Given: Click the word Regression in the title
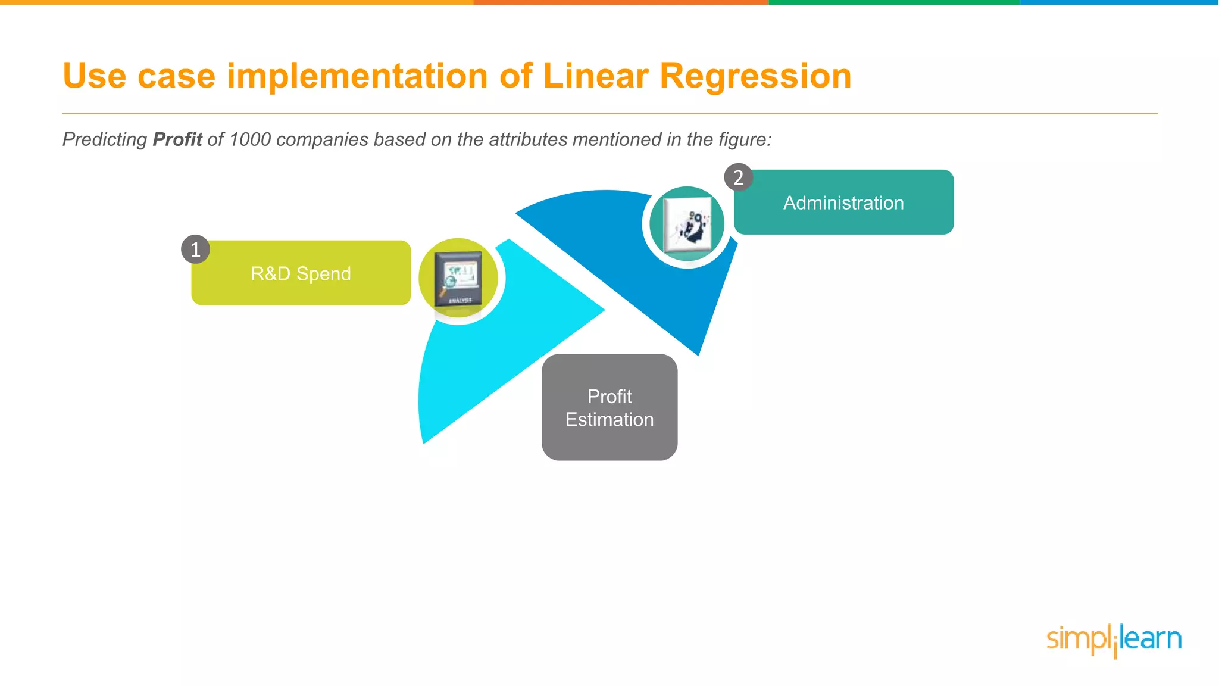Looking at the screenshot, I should click(755, 76).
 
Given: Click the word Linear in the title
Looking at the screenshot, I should click(595, 76).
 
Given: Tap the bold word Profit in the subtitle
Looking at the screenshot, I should click(177, 139).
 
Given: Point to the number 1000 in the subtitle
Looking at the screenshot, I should click(249, 139).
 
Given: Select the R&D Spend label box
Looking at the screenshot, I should click(301, 273).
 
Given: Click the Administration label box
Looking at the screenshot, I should click(843, 202).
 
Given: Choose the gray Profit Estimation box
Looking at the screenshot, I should click(609, 407).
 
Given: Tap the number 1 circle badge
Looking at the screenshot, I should click(195, 249).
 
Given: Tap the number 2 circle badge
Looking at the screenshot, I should click(738, 177).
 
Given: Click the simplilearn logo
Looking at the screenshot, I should click(1114, 640).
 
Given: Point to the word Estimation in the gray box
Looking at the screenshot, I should click(609, 420).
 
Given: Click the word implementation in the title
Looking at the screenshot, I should click(357, 76).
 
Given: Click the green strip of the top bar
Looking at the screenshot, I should click(893, 2).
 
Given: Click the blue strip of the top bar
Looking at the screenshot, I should click(1119, 2).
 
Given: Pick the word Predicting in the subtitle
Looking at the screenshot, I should click(105, 139).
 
